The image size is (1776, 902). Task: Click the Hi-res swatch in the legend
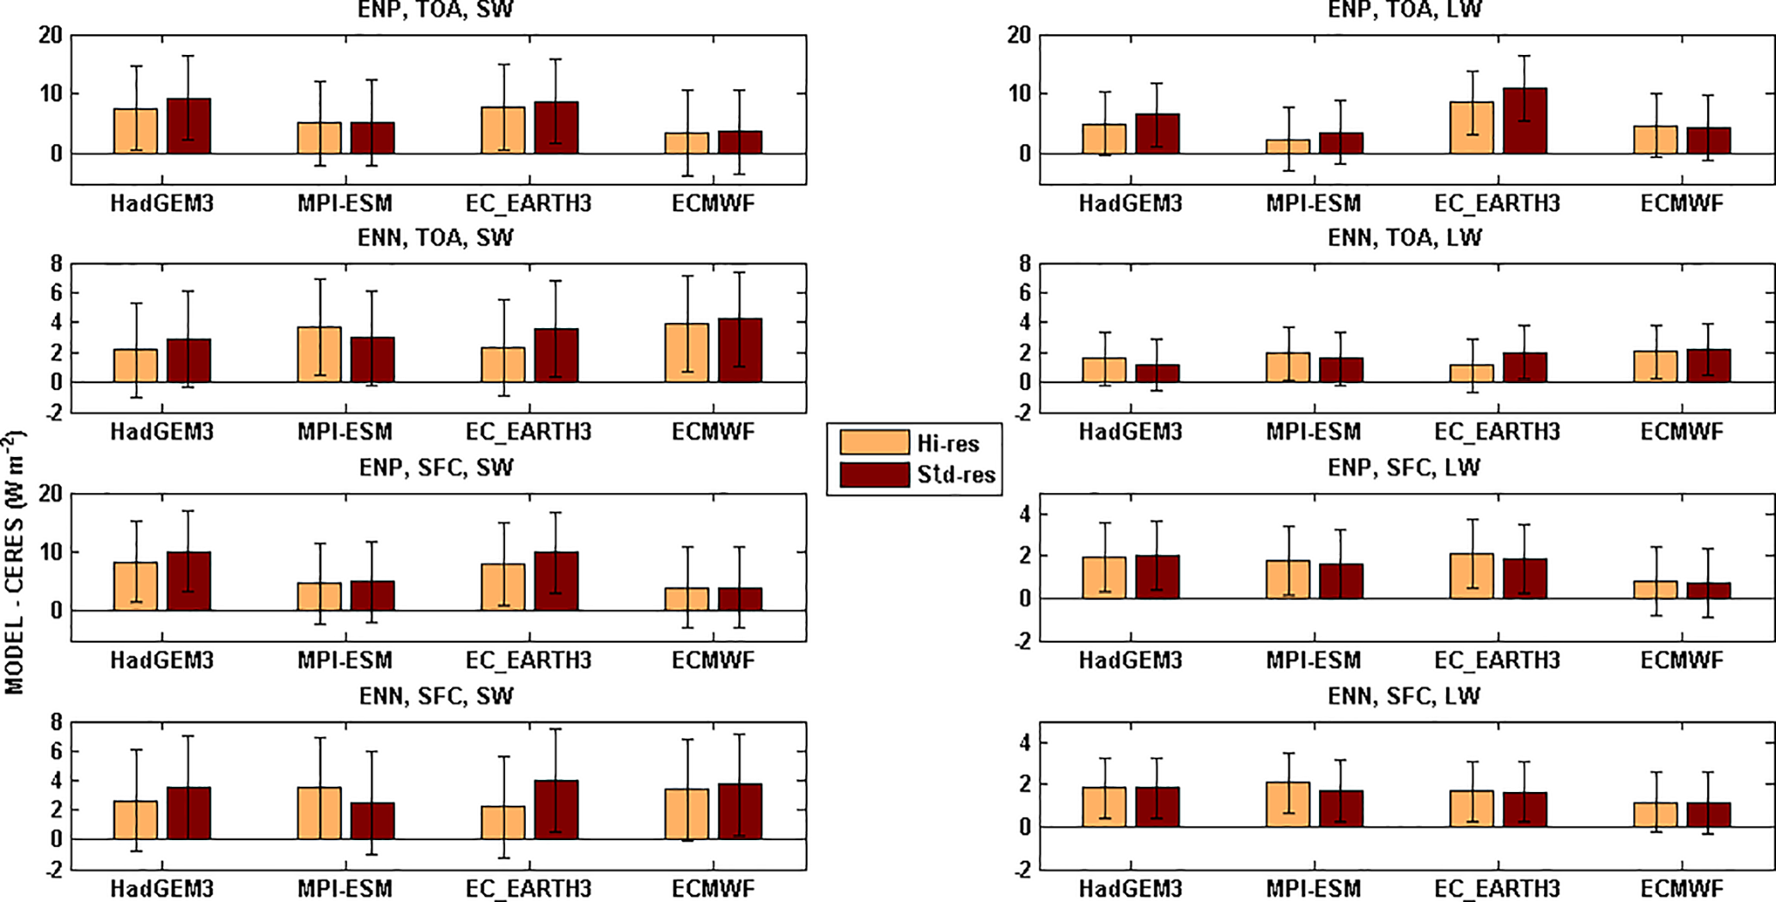[874, 442]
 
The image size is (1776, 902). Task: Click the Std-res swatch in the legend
[874, 475]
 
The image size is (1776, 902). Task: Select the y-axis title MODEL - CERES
[15, 563]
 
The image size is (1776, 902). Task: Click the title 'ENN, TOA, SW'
[435, 238]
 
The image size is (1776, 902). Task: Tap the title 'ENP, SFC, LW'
[1404, 467]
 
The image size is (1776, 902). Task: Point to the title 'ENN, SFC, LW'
[1404, 696]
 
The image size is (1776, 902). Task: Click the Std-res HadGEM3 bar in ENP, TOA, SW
[189, 126]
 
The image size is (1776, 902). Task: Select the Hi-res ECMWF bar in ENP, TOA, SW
[687, 143]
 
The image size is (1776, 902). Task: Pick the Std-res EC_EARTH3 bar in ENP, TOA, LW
[1525, 121]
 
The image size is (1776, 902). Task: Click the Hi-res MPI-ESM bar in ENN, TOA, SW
[320, 355]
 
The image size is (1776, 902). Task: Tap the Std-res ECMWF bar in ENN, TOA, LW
[1709, 366]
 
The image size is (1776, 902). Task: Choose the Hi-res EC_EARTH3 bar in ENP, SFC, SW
[503, 588]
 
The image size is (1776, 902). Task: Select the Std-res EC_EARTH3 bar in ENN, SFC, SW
[556, 810]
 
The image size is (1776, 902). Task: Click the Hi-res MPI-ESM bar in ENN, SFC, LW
[1288, 805]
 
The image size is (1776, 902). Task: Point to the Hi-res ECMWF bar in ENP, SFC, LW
[1656, 590]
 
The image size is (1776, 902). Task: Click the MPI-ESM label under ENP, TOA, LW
[1313, 204]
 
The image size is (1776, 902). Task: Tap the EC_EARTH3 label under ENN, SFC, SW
[528, 888]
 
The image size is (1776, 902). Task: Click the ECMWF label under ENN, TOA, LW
[1681, 431]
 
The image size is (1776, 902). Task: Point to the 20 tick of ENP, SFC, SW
[51, 494]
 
